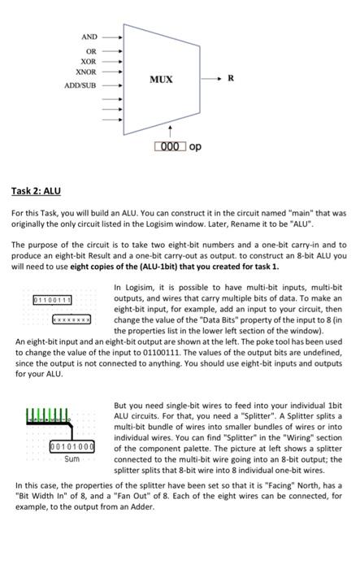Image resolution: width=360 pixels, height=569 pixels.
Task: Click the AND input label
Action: click(89, 37)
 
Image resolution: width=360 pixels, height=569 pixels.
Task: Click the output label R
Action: click(232, 79)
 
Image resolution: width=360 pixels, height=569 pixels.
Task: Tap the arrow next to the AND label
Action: click(112, 37)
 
